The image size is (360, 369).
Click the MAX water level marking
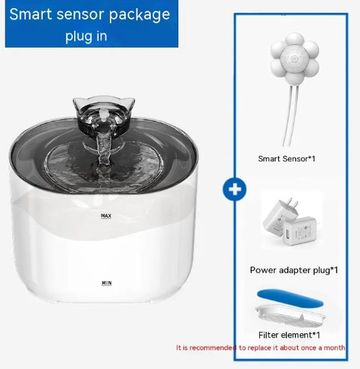click(x=106, y=216)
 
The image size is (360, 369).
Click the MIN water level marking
click(x=107, y=283)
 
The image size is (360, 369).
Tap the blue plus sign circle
click(x=234, y=190)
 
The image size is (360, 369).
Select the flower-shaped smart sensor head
click(x=294, y=59)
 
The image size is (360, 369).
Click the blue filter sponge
click(x=290, y=298)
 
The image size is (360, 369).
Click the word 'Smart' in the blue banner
click(x=30, y=14)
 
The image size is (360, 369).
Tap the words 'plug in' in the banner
click(x=86, y=36)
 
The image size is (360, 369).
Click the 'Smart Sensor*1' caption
click(x=286, y=159)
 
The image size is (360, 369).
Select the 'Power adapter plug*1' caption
click(x=294, y=270)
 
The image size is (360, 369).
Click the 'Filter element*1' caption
click(x=289, y=335)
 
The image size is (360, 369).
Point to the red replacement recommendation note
click(x=261, y=347)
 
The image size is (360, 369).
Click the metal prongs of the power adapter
click(x=294, y=202)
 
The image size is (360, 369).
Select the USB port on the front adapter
click(x=288, y=234)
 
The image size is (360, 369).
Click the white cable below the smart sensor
click(x=291, y=116)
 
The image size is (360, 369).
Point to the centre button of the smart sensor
click(x=294, y=58)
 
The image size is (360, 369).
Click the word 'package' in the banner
click(x=140, y=15)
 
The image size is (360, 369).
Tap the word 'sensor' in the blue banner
click(x=81, y=15)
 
